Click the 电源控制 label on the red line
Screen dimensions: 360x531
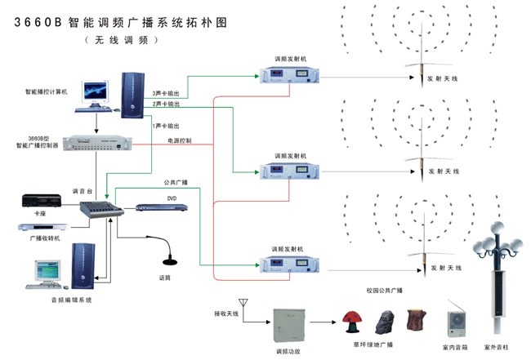click(x=179, y=140)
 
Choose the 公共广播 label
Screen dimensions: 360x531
click(x=176, y=182)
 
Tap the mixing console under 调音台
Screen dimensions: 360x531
click(x=100, y=210)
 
